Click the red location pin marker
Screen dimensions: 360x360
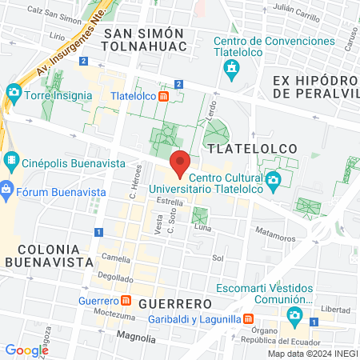coord(180,162)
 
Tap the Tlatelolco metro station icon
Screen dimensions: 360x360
coord(163,96)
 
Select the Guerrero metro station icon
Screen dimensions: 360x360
coord(126,301)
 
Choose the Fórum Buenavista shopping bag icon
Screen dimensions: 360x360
coord(7,190)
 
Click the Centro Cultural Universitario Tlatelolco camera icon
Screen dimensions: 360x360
coord(273,178)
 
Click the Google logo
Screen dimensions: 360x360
coord(26,350)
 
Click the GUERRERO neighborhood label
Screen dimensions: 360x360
coord(174,304)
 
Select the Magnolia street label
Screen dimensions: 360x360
coord(136,338)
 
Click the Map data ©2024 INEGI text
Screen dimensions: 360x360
coord(312,354)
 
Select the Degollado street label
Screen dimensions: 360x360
coord(117,278)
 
